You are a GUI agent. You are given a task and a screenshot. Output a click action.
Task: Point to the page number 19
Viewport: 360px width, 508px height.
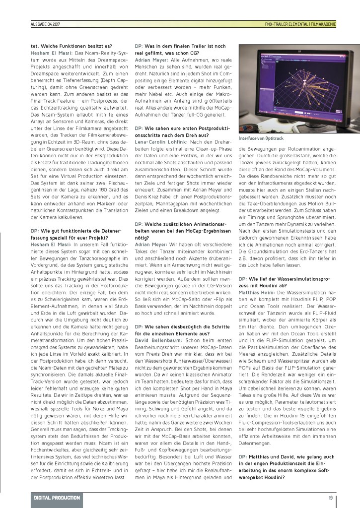(x=330, y=498)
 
